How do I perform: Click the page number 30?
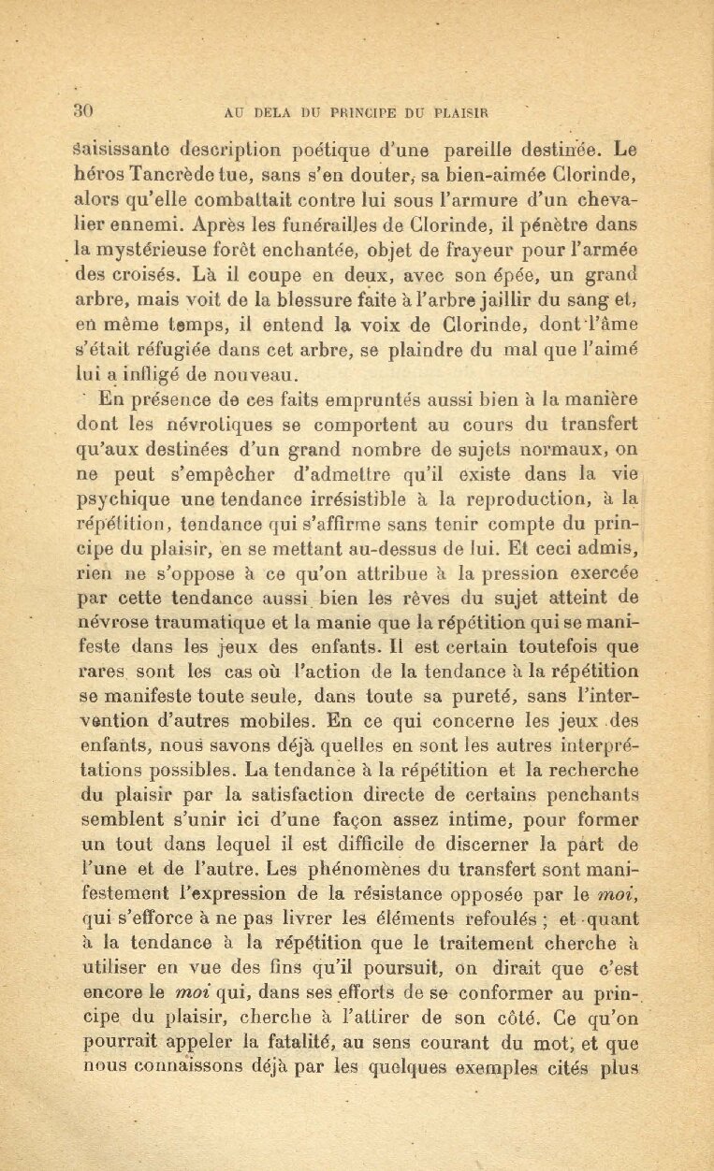[x=81, y=111]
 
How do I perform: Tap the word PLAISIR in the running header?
[x=459, y=113]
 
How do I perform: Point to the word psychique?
[x=119, y=499]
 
